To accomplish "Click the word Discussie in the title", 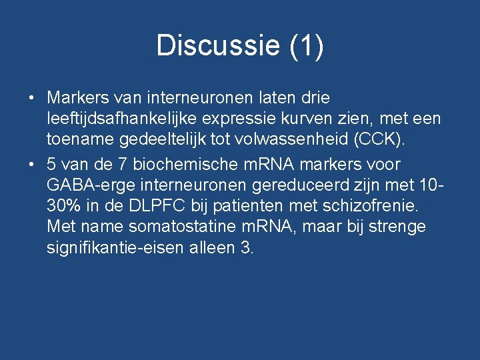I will (218, 46).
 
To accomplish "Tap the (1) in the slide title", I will (307, 46).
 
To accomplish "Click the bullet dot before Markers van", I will (31, 98).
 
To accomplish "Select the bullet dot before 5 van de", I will (31, 164).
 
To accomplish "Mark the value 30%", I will (65, 206).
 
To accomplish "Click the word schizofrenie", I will (365, 206).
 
